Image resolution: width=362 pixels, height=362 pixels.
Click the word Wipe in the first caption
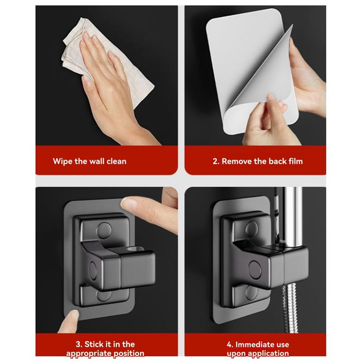62,161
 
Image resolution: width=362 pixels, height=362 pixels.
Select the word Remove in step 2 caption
238,161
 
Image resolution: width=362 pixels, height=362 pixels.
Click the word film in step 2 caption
294,161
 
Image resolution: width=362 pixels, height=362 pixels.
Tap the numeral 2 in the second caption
215,161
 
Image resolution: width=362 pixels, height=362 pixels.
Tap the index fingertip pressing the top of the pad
131,203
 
